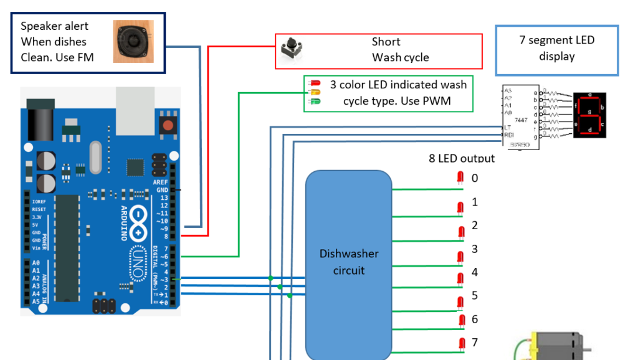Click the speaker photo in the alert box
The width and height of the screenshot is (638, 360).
click(x=133, y=41)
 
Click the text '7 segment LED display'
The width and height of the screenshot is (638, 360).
click(x=556, y=48)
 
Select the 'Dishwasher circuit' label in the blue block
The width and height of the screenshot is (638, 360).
click(x=348, y=262)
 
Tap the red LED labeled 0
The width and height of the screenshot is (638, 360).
click(x=460, y=178)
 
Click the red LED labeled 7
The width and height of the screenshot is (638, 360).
click(x=462, y=343)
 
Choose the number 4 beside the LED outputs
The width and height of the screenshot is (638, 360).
click(x=475, y=272)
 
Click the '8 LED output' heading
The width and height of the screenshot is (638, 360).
click(x=461, y=158)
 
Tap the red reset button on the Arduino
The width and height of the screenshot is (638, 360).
click(x=168, y=125)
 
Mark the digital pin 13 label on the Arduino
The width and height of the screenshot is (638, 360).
click(x=164, y=197)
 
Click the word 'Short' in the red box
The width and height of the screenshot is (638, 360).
click(x=386, y=42)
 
